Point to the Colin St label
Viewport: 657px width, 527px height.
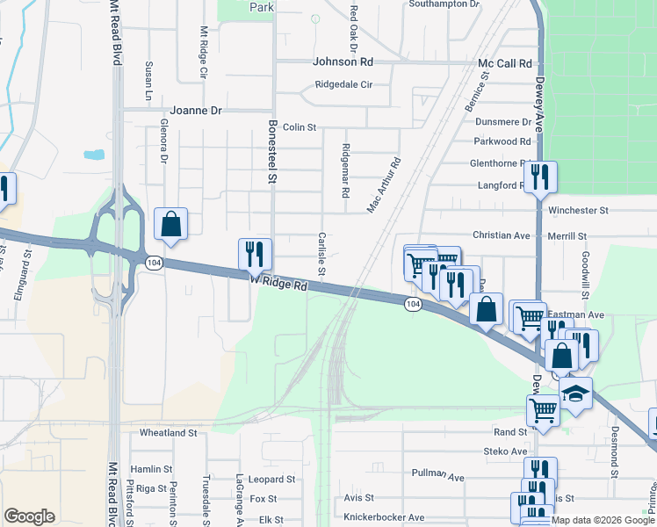300,127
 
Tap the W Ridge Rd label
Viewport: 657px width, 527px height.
279,284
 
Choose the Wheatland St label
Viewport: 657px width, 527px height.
169,433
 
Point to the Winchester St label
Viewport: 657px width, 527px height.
578,211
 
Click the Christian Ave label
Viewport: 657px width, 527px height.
502,235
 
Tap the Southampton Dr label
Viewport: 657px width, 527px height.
444,4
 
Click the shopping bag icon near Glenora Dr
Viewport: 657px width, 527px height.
171,225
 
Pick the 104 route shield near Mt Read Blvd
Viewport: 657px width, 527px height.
154,263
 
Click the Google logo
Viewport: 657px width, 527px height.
30,517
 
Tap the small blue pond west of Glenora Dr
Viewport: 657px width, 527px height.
94,155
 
